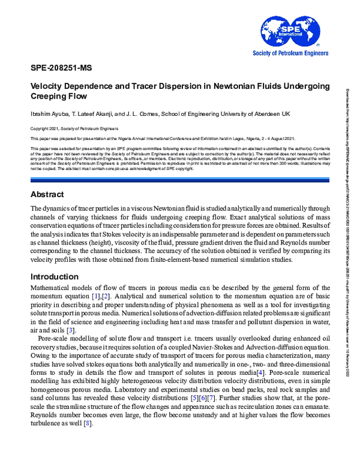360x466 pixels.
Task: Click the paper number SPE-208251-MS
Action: (61, 67)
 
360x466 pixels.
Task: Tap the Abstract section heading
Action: (48, 177)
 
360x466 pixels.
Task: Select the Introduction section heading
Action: (54, 276)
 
